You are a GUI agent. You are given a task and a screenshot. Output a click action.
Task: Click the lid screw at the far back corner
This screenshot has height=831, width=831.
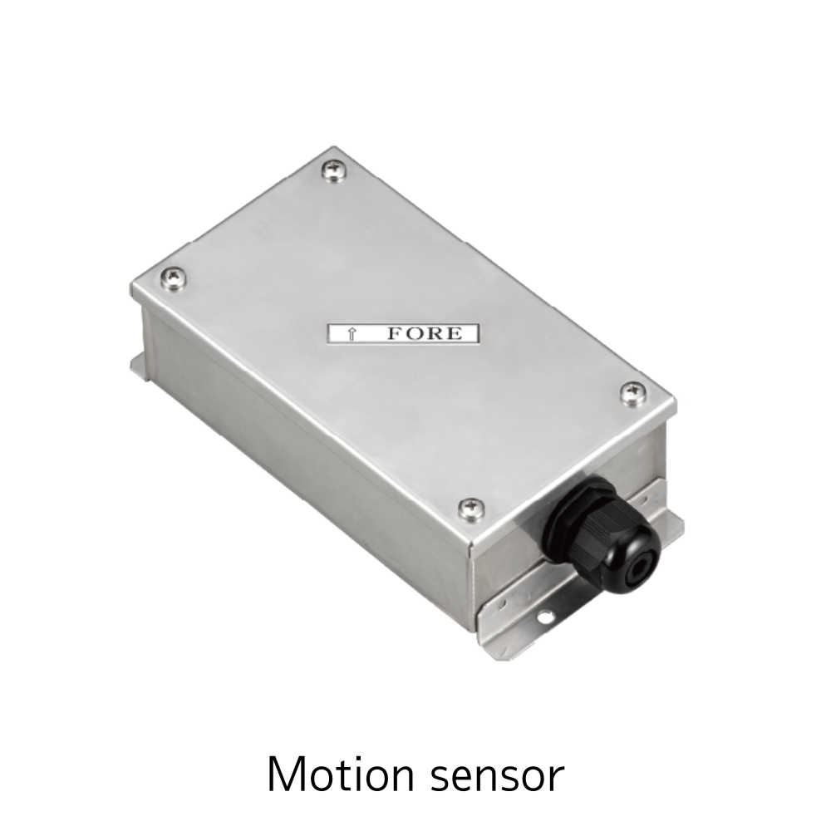335,171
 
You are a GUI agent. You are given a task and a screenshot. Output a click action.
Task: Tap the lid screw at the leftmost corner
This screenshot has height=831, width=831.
175,277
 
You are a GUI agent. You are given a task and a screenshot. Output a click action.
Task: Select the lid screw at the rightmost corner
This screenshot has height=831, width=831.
632,394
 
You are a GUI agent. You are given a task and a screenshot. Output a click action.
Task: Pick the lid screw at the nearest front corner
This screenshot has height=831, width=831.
471,509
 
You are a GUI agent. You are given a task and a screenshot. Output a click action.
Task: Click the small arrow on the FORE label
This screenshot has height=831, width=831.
351,334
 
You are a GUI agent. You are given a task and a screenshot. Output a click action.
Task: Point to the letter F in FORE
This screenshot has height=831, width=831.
396,333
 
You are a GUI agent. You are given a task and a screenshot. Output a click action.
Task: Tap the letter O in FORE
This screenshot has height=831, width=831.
415,333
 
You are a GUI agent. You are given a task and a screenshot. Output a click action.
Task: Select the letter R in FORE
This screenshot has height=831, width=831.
434,333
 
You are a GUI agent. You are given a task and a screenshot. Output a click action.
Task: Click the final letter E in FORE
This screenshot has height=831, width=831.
454,333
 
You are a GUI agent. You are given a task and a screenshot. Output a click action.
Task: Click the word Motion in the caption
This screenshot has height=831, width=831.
340,774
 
